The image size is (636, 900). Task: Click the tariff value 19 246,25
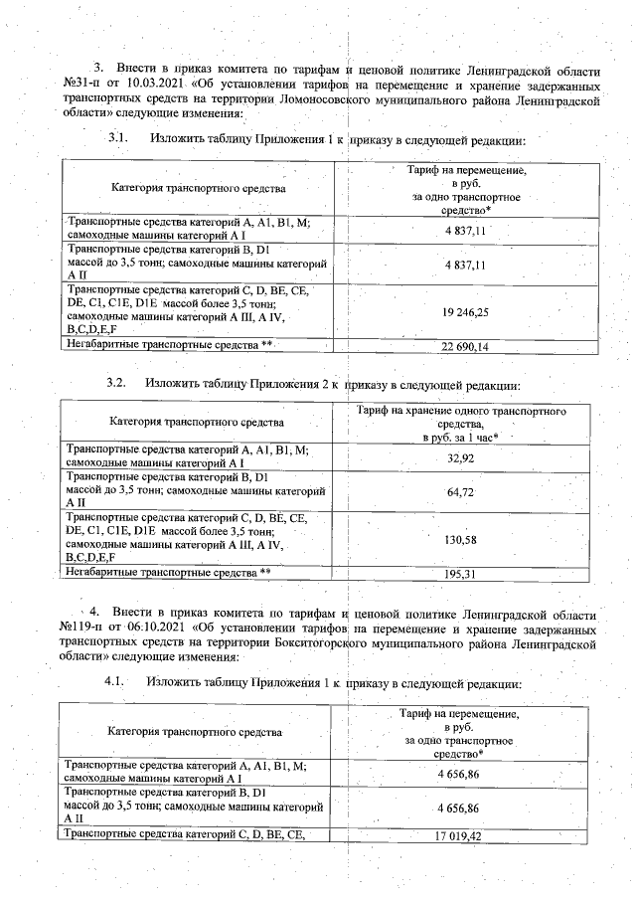click(464, 311)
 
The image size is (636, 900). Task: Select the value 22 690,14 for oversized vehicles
click(464, 346)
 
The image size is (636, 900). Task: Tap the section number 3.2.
click(117, 383)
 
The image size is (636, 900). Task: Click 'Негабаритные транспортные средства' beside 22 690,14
click(169, 344)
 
